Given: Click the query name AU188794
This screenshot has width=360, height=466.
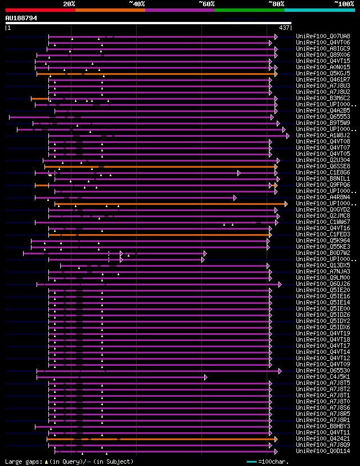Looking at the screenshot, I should (21, 18).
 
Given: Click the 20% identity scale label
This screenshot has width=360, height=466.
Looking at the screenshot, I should (69, 4).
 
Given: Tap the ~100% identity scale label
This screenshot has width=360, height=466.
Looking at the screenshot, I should (344, 4).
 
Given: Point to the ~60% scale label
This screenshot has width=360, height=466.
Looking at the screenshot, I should (206, 4).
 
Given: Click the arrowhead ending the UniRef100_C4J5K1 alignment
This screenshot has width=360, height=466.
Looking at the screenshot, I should (205, 377).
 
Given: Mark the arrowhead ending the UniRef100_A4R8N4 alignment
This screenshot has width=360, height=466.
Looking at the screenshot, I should (235, 198).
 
